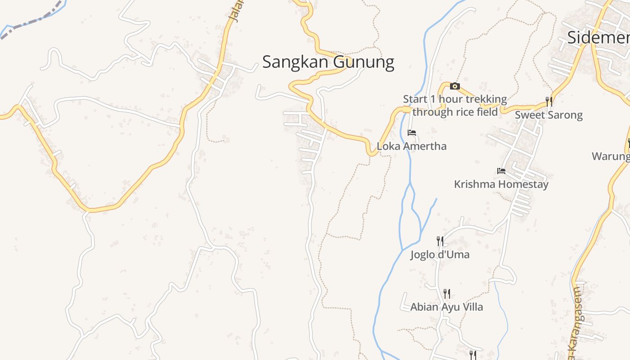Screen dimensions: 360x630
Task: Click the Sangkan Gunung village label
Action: click(328, 62)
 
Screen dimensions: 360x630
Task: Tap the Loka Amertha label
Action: click(411, 146)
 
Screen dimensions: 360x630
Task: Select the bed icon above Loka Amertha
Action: click(411, 133)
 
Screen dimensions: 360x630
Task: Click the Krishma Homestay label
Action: click(501, 184)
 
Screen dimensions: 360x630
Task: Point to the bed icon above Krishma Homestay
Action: click(501, 171)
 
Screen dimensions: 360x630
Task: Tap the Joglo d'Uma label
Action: click(440, 255)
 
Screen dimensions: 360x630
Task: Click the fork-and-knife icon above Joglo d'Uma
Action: click(440, 241)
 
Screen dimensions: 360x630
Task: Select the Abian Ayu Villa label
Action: click(446, 307)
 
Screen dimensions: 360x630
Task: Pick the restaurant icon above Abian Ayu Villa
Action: click(446, 294)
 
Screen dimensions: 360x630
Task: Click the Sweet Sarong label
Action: click(549, 115)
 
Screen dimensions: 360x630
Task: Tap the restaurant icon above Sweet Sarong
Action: click(549, 101)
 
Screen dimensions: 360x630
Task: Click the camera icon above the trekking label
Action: click(455, 86)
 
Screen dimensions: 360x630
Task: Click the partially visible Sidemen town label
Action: click(598, 37)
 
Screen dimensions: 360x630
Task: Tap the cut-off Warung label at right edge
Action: click(611, 156)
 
